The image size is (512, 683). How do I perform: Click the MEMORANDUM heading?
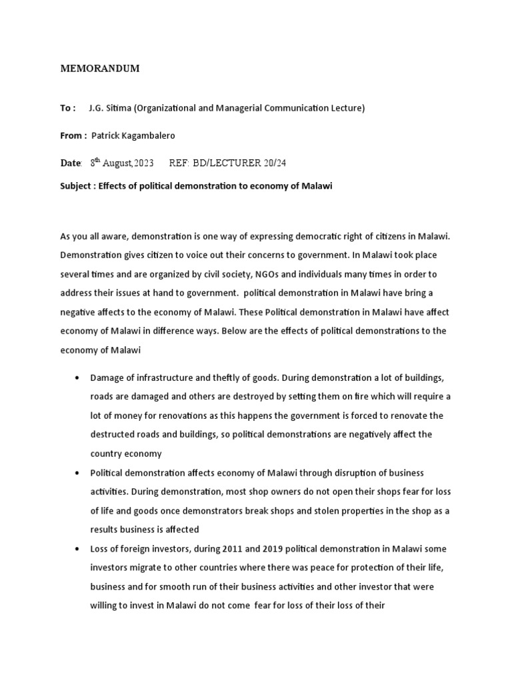click(x=100, y=69)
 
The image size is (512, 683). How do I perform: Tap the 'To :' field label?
click(x=68, y=108)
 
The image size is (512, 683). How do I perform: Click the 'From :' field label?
click(x=73, y=135)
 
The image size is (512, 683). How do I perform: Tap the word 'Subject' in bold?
click(x=77, y=186)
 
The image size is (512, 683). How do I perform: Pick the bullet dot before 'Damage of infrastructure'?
click(x=79, y=378)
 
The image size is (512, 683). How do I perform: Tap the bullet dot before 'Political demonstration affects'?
click(x=79, y=473)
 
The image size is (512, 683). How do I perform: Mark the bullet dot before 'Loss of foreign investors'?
click(x=79, y=549)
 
